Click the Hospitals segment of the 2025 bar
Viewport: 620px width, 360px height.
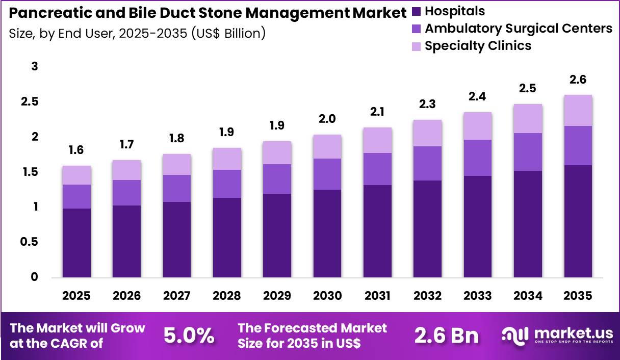pos(76,243)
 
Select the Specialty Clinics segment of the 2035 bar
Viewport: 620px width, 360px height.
pos(578,110)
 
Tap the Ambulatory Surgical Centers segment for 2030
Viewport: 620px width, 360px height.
pos(327,174)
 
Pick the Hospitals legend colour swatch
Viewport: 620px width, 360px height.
pos(416,11)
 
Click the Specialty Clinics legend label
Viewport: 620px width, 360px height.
pos(478,46)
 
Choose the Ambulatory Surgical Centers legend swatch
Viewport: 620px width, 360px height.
pos(416,28)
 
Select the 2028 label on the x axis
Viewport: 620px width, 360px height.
pos(227,296)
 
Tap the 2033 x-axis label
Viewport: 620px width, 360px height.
pos(478,296)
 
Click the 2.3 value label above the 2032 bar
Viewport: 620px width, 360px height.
pos(428,104)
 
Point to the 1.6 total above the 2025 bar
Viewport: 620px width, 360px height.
pos(76,150)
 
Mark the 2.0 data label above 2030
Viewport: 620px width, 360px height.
pos(327,119)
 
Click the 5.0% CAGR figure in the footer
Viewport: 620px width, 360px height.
pos(189,336)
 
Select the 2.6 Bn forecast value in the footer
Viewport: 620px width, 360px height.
pos(447,336)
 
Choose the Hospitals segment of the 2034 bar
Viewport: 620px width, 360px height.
pos(528,224)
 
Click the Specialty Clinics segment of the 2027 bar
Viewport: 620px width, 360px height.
pos(177,164)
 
